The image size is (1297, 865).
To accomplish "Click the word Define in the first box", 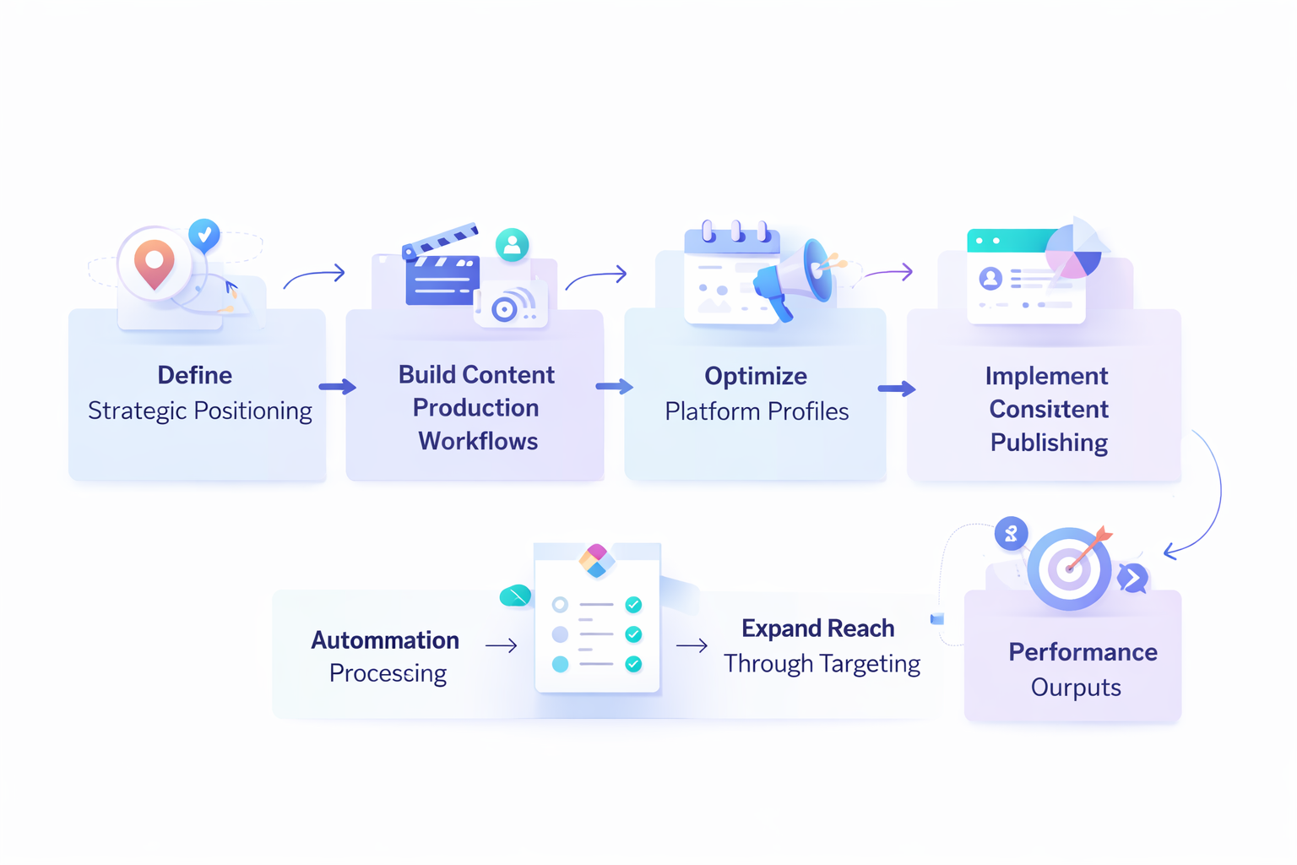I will click(x=194, y=375).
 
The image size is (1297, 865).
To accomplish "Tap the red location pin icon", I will click(x=155, y=263).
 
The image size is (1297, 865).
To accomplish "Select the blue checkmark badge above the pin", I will click(x=204, y=234).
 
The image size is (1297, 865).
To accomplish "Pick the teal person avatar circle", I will click(x=512, y=245).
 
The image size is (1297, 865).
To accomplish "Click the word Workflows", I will click(x=477, y=441).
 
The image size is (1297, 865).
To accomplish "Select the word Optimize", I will click(x=755, y=376).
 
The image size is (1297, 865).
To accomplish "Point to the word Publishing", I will click(x=1048, y=443).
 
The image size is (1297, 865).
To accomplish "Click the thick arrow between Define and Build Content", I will click(x=337, y=387).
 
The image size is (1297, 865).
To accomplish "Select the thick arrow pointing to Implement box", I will click(x=896, y=389).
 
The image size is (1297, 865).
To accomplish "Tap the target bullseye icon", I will click(x=1069, y=569).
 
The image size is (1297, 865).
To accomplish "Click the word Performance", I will click(x=1082, y=652).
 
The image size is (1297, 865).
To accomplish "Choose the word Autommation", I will click(x=385, y=640).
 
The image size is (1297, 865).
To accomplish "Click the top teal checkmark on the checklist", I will click(x=633, y=605).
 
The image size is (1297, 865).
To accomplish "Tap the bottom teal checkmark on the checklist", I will click(x=633, y=664).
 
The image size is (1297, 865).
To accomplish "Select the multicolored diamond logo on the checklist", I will click(x=597, y=560).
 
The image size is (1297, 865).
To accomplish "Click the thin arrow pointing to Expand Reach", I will click(x=692, y=646).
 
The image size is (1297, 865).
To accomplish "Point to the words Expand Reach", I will click(x=817, y=628).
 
